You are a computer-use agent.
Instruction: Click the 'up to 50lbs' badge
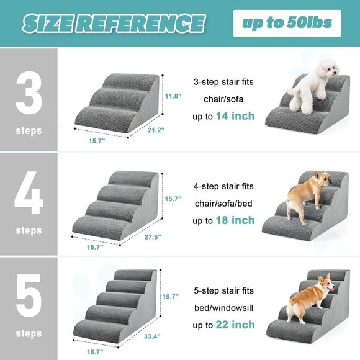(287, 24)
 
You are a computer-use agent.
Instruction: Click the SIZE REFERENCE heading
(113, 24)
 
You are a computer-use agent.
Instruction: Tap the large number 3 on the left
(29, 95)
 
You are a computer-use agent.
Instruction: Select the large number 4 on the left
(29, 196)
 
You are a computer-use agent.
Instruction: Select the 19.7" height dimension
(171, 297)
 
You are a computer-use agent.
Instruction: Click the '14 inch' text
(235, 116)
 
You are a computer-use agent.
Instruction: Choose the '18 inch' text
(235, 220)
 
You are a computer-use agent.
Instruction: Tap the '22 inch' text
(235, 325)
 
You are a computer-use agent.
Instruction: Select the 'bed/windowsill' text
(223, 307)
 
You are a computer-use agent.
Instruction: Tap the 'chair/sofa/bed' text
(223, 203)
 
